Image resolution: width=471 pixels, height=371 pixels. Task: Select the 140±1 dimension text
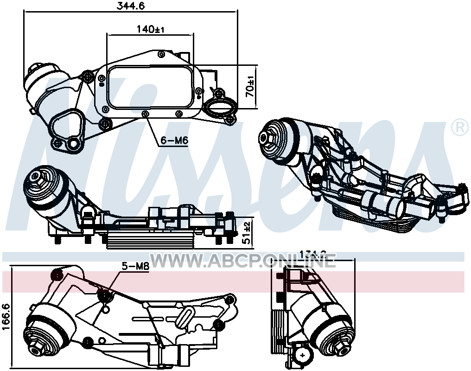coord(151,29)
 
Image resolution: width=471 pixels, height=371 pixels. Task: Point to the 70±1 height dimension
coord(250,87)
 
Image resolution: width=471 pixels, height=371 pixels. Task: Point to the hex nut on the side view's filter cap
coord(36,177)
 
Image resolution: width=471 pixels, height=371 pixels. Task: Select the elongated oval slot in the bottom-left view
coord(184,318)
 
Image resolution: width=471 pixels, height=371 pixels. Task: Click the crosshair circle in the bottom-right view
coord(302,356)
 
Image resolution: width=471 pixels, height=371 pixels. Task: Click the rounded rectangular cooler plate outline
coord(150,88)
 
